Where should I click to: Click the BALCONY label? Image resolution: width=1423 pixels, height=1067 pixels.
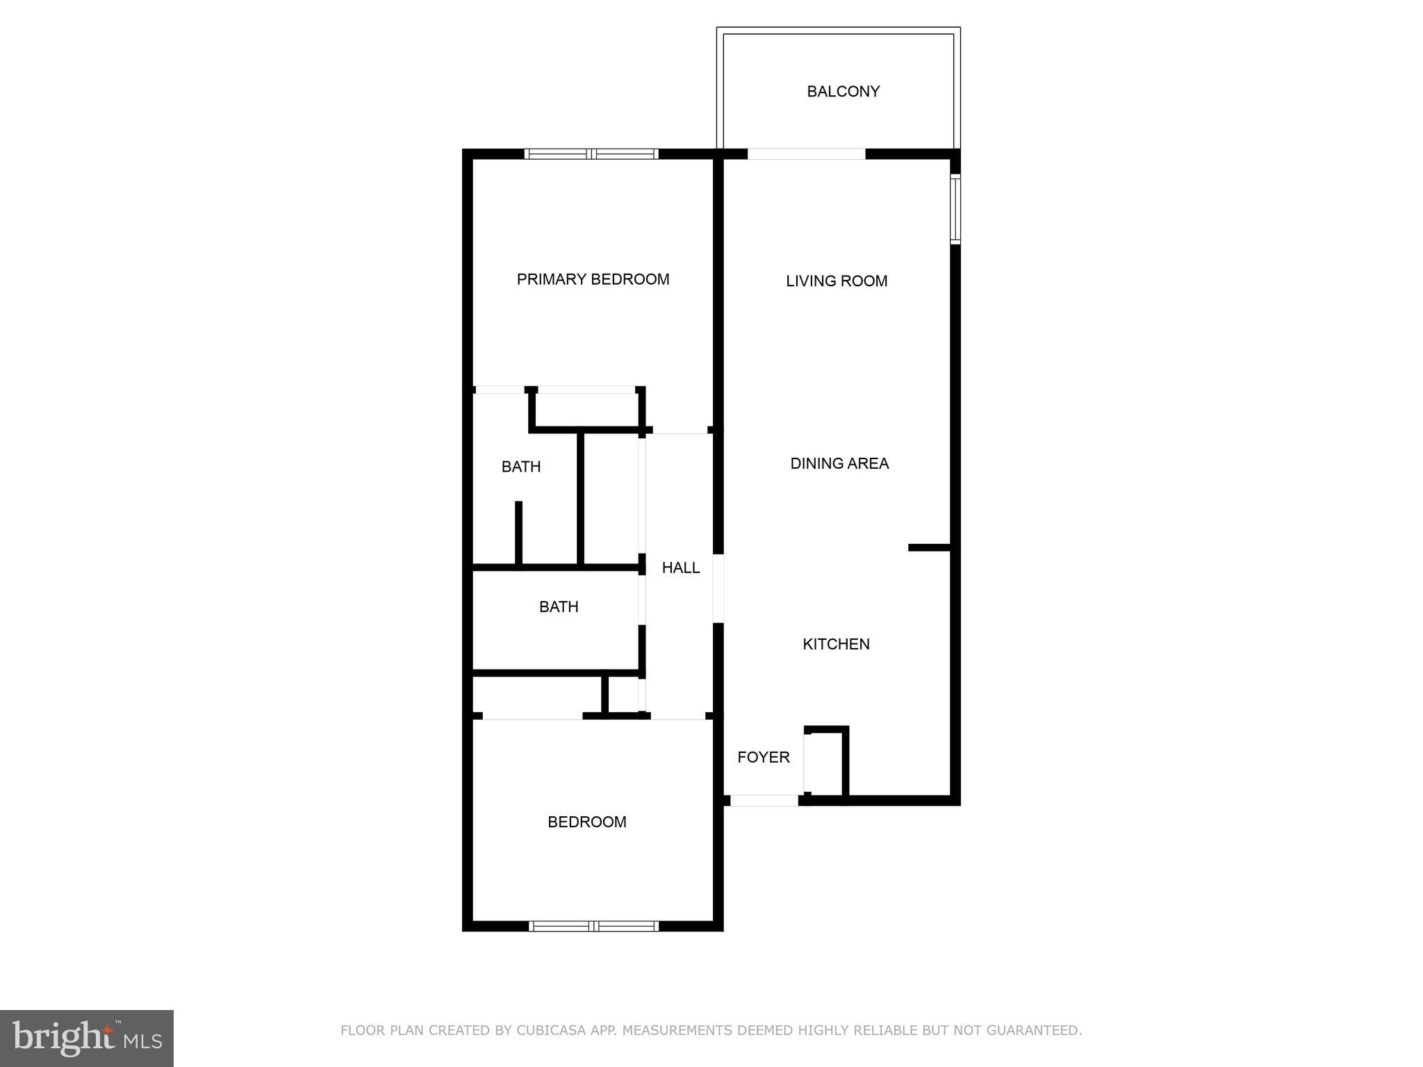click(843, 92)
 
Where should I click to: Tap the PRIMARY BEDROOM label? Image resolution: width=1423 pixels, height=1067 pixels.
click(593, 279)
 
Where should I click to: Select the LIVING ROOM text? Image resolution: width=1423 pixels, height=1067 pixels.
click(837, 281)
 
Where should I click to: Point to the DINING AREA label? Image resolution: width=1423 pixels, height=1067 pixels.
click(839, 463)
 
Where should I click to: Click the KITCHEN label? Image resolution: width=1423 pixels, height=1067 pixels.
click(836, 644)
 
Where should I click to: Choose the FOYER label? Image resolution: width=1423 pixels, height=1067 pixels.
click(763, 757)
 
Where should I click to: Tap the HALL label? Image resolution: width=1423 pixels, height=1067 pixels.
click(680, 568)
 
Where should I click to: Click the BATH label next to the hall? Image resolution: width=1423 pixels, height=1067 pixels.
click(559, 607)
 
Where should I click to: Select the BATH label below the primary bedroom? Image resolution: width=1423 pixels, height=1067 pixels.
click(521, 467)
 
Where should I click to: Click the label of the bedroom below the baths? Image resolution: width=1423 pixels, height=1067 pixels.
click(587, 822)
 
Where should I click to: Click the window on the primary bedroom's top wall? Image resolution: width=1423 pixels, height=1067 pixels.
click(591, 154)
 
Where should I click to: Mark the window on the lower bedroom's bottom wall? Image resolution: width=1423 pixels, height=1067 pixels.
click(593, 925)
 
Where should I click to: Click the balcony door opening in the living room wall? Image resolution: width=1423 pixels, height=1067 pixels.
click(806, 154)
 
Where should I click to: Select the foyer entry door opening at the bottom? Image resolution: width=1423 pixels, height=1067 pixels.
click(764, 800)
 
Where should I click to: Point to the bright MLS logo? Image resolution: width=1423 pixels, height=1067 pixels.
click(87, 1038)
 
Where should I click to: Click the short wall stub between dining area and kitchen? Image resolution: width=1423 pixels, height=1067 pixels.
click(929, 548)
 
